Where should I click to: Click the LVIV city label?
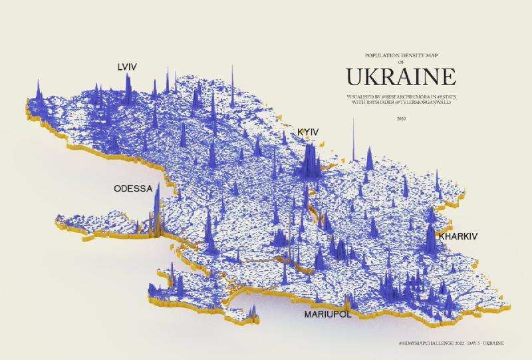click(x=127, y=67)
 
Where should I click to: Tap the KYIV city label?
click(x=308, y=133)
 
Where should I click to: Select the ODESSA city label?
click(x=133, y=188)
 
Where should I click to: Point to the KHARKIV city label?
click(x=458, y=236)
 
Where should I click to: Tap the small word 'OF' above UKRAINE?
click(x=400, y=62)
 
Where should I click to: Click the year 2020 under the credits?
click(x=400, y=118)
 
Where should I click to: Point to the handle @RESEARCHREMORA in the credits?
click(x=403, y=96)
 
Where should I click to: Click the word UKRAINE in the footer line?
click(x=491, y=342)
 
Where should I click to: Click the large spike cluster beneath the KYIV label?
click(x=308, y=163)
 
